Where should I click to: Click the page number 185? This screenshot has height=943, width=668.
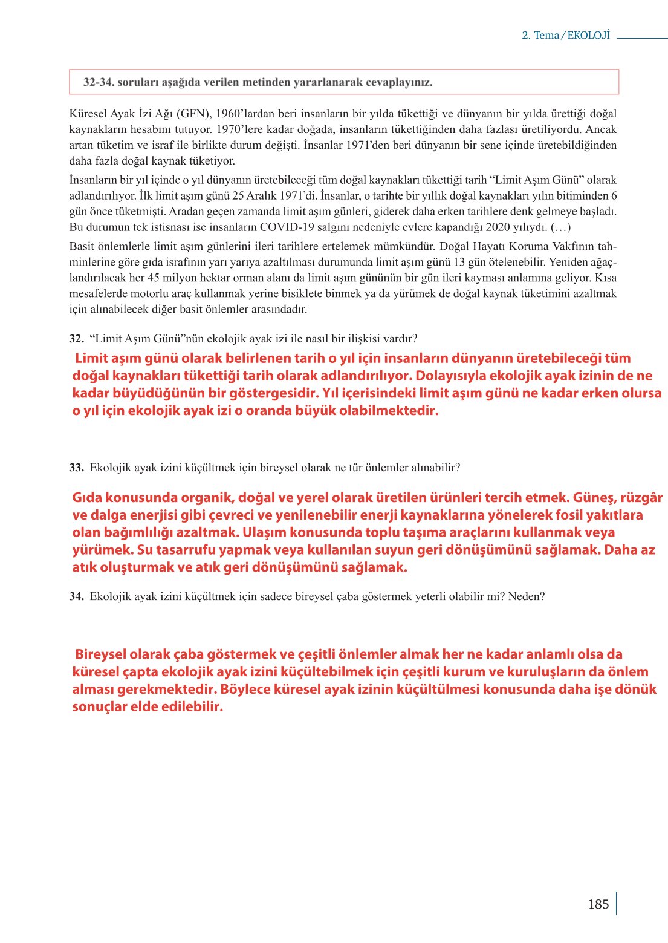pos(598,904)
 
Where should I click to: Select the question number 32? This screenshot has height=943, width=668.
pos(76,339)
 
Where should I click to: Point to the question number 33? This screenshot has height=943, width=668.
pos(76,468)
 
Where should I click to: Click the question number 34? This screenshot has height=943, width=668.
pos(76,596)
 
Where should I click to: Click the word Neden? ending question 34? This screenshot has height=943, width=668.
pos(526,596)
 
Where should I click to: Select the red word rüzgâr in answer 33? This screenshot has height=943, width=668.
pos(641,498)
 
